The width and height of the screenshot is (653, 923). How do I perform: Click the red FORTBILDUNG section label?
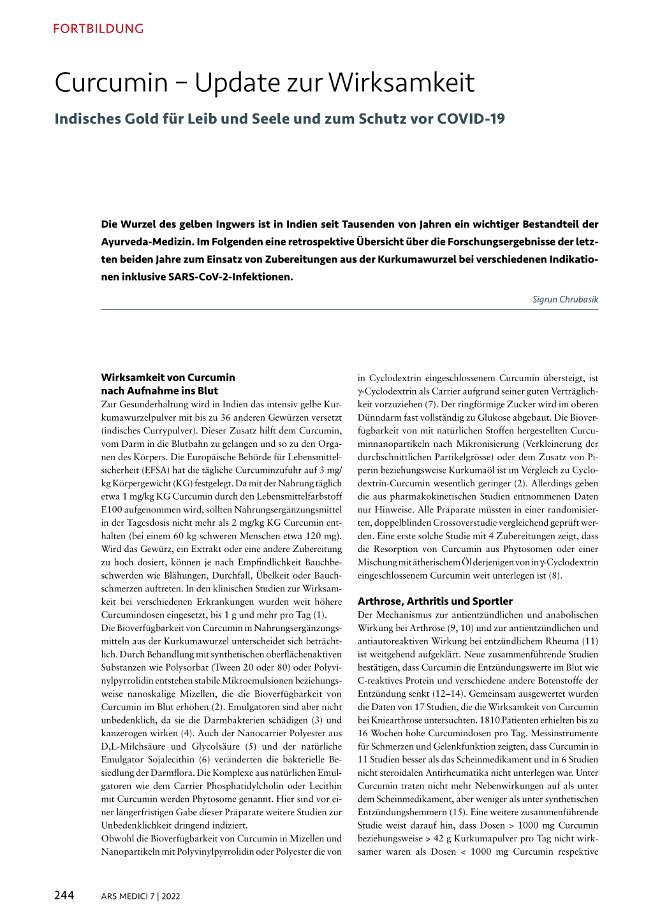click(x=98, y=29)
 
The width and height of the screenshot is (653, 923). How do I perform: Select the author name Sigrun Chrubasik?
click(x=565, y=299)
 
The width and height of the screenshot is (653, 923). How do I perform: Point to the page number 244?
click(x=64, y=895)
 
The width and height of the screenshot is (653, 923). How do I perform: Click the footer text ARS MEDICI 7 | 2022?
click(x=140, y=896)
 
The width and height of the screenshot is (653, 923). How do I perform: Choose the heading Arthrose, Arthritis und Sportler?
click(x=435, y=601)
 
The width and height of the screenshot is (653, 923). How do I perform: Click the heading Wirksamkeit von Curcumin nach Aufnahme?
click(x=168, y=384)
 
